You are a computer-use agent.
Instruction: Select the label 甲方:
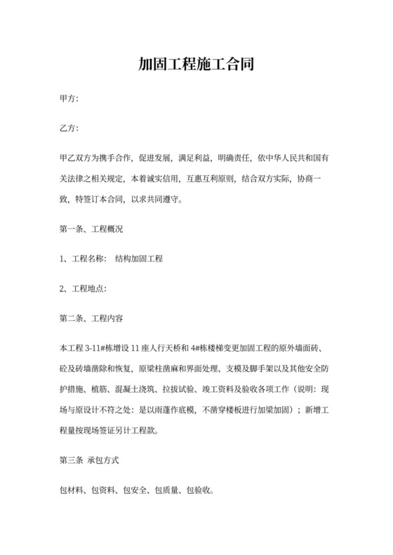tap(69, 101)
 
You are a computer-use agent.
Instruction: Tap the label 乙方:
tap(69, 130)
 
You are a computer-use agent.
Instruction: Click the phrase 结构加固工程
tap(138, 259)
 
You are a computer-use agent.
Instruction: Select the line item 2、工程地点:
tap(84, 288)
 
